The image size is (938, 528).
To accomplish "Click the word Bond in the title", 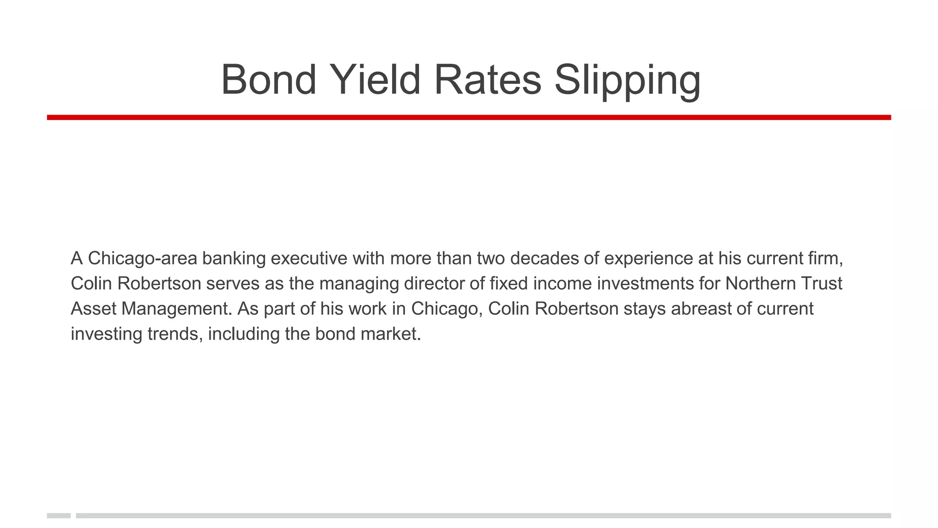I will (268, 80).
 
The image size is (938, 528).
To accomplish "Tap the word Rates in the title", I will (487, 80).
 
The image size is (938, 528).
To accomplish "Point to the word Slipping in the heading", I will (627, 81).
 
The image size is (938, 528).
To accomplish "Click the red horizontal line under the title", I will (469, 117).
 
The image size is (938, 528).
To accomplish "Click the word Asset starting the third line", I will (93, 309).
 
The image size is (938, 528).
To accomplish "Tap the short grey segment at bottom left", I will (59, 516).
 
